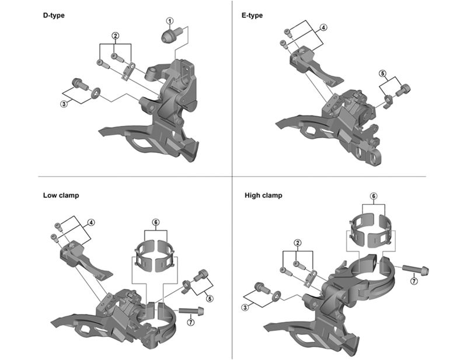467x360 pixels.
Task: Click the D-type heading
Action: click(54, 15)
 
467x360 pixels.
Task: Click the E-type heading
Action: click(252, 15)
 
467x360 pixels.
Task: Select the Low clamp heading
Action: click(61, 195)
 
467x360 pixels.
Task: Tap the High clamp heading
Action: click(263, 195)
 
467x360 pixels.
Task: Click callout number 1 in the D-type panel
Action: click(170, 21)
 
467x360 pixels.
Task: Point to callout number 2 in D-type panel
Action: click(115, 36)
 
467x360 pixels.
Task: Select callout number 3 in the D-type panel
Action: click(64, 104)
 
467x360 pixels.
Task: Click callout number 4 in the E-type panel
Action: click(324, 27)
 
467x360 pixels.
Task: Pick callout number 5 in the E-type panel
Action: click(383, 74)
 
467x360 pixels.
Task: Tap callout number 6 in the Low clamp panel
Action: click(155, 222)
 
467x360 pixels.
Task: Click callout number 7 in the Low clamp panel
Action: click(191, 322)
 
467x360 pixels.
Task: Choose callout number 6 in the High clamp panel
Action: click(374, 196)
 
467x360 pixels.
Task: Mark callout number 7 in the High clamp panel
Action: click(414, 281)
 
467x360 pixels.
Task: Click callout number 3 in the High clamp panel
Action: click(245, 307)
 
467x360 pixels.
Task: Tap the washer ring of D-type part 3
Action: click(96, 93)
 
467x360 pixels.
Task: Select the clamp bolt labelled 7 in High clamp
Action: click(416, 269)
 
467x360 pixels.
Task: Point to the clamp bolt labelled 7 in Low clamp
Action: click(191, 311)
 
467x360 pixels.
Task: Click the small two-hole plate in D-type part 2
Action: click(128, 71)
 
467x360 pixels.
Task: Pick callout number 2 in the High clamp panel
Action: click(297, 243)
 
